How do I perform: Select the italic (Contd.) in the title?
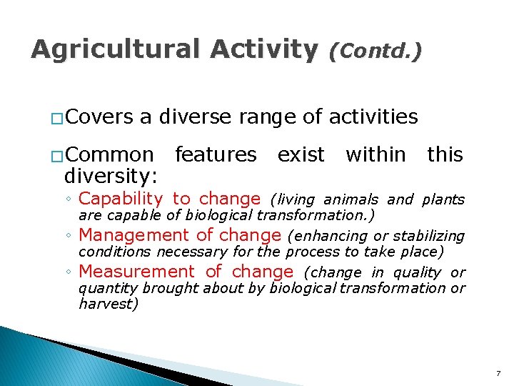pyautogui.click(x=375, y=50)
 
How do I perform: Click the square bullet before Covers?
pyautogui.click(x=56, y=118)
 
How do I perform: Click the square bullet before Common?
pyautogui.click(x=56, y=156)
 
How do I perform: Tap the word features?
pyautogui.click(x=216, y=154)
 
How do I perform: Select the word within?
pyautogui.click(x=376, y=154)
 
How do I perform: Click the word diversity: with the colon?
pyautogui.click(x=111, y=174)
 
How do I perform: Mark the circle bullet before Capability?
pyautogui.click(x=69, y=200)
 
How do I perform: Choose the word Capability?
pyautogui.click(x=121, y=199)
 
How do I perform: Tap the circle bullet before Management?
pyautogui.click(x=69, y=237)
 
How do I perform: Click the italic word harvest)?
pyautogui.click(x=108, y=304)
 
